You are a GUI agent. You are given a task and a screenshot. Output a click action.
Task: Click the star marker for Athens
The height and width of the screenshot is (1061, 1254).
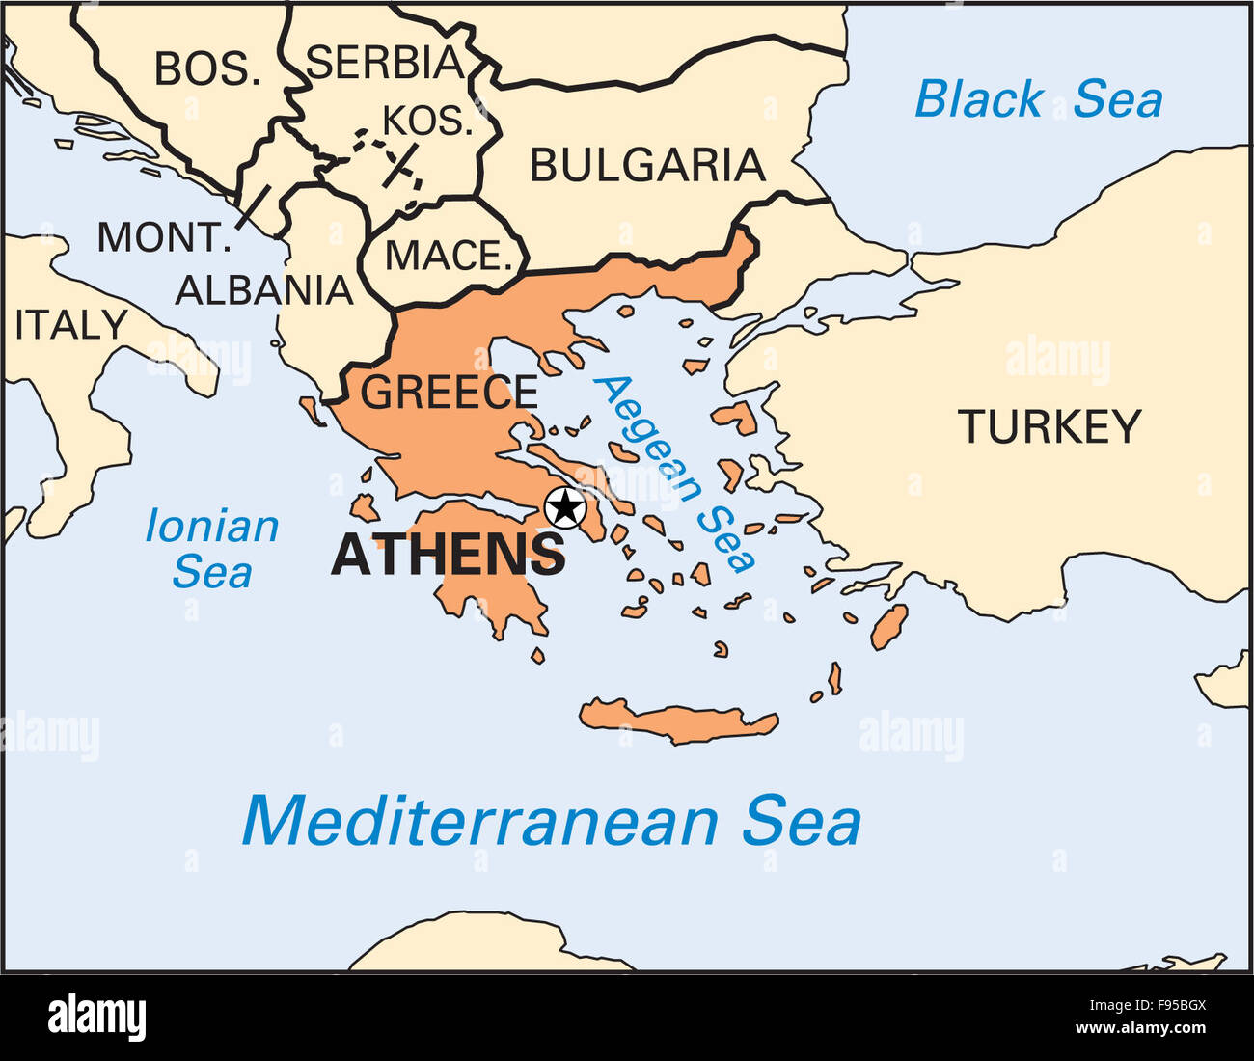click(564, 507)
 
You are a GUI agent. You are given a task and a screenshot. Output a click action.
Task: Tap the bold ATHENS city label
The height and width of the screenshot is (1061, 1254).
click(448, 556)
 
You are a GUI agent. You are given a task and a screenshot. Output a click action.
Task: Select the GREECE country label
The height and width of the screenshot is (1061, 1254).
click(449, 393)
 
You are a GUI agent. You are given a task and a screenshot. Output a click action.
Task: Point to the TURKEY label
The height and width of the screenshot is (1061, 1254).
click(1049, 427)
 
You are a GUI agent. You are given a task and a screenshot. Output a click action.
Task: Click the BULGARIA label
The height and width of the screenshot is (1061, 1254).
click(647, 166)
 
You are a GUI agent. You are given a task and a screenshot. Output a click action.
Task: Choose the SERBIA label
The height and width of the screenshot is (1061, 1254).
click(385, 63)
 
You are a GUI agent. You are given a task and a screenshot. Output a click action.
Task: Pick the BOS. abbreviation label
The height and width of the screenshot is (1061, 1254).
click(208, 69)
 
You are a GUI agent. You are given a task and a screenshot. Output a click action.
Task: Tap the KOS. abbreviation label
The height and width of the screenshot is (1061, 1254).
click(428, 122)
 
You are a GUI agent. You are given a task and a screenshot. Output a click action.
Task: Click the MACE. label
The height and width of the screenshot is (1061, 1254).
click(448, 257)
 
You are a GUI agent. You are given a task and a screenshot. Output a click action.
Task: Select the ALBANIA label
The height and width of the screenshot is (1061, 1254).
click(264, 290)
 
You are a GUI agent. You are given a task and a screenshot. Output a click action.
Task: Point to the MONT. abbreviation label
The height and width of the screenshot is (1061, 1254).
click(163, 237)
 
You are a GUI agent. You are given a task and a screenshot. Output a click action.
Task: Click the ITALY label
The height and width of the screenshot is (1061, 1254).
click(71, 326)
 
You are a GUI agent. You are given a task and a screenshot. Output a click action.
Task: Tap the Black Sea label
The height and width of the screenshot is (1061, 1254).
click(1038, 100)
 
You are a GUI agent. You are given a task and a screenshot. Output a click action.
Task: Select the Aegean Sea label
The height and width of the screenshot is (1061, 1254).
click(674, 473)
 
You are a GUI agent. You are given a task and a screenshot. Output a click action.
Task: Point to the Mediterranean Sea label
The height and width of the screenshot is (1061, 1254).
click(551, 822)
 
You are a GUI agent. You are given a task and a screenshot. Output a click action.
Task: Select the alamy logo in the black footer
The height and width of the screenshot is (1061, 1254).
click(96, 1018)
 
